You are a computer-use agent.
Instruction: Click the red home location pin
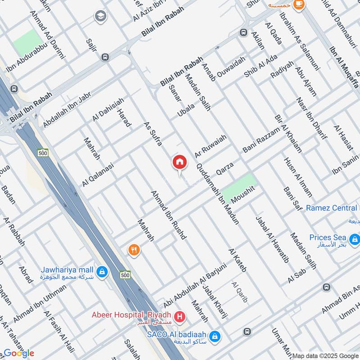pos(179,162)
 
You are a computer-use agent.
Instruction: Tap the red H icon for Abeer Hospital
pos(180,318)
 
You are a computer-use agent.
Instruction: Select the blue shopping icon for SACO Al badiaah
pos(215,336)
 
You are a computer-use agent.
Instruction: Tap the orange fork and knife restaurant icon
pos(133,250)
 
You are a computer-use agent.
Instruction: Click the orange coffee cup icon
pos(298,5)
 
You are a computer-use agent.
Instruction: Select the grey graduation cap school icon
pos(100,17)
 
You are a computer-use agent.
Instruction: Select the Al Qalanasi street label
pos(98,175)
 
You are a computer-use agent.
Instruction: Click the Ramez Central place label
pos(332,208)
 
